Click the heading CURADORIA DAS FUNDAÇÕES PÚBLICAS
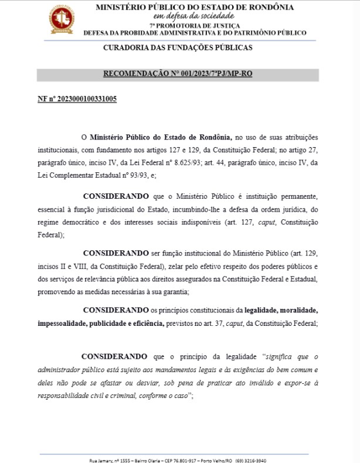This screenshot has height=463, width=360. click(x=178, y=47)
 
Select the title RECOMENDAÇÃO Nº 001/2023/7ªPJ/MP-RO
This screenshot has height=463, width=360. click(x=178, y=74)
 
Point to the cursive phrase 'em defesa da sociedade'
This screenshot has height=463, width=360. click(x=194, y=16)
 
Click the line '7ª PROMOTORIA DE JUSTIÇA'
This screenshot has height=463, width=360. click(x=194, y=25)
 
